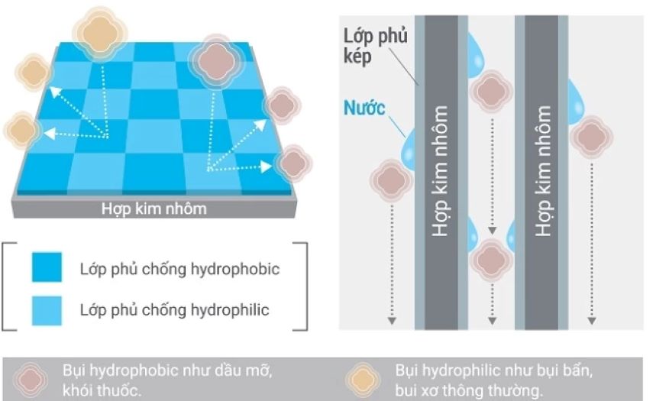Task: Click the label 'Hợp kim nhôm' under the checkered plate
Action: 154,209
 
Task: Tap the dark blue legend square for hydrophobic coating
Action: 47,267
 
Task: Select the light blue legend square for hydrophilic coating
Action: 47,311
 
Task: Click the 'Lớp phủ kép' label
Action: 376,46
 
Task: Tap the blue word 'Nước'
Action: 364,108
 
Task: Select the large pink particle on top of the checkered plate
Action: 216,61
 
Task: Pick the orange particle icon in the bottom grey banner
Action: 363,380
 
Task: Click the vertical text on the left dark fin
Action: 441,171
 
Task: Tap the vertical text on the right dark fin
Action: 543,171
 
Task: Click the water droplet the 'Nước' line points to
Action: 409,150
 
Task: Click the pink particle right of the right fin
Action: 591,137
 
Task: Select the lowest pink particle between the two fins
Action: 492,260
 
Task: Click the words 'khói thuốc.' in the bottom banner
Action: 102,390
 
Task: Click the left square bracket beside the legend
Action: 9,286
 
